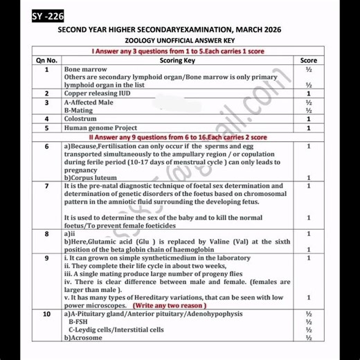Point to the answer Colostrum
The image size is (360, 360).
(82, 118)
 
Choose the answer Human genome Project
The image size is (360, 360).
(100, 128)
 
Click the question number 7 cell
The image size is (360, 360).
(46, 186)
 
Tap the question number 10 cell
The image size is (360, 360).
(46, 314)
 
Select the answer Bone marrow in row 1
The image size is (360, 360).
(85, 70)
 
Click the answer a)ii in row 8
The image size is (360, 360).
(70, 234)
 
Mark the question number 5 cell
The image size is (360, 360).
(46, 128)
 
